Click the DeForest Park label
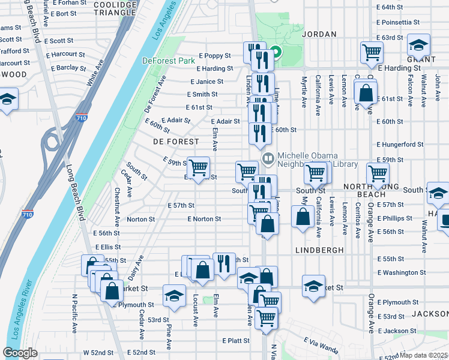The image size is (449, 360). coord(169,61)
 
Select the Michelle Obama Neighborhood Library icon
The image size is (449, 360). coord(268,158)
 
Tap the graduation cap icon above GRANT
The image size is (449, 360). coord(418,46)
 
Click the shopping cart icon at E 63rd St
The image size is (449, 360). coord(372,52)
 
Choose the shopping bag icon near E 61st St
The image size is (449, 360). coord(366,94)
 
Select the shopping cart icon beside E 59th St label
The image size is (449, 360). coord(198,167)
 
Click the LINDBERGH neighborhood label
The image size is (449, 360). coord(319,250)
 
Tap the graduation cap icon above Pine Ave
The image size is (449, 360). coord(174,296)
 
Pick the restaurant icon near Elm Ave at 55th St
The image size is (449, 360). coord(224,263)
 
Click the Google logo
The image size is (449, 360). coord(20,353)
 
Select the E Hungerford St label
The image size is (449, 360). coord(400,145)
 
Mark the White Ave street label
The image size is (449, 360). coord(93,77)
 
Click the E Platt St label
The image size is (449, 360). coord(235,340)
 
